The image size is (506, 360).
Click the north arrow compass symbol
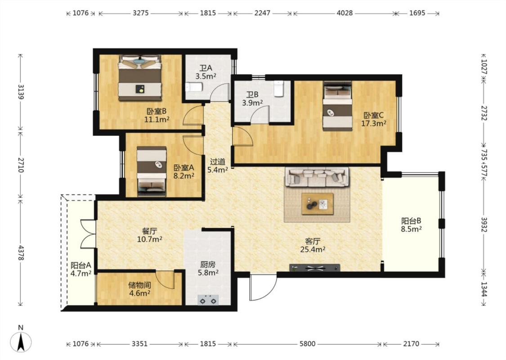(21, 342)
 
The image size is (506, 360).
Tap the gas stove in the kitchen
(208, 300)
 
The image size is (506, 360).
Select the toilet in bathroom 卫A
(194, 87)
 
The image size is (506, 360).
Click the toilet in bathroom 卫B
(278, 89)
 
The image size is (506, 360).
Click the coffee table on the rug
(318, 204)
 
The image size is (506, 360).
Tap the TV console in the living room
(315, 268)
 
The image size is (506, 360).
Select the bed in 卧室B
(140, 78)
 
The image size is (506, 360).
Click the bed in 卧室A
(152, 171)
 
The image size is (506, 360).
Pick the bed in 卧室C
(337, 106)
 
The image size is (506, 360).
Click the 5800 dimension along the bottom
(307, 344)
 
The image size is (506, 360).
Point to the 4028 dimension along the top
(345, 13)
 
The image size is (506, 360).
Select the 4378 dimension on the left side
(21, 253)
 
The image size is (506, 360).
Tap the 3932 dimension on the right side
(484, 225)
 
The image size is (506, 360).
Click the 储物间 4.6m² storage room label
(139, 289)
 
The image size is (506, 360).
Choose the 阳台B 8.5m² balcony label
(412, 225)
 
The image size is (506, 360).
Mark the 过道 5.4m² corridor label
(218, 166)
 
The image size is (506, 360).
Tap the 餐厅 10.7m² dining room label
(149, 235)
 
